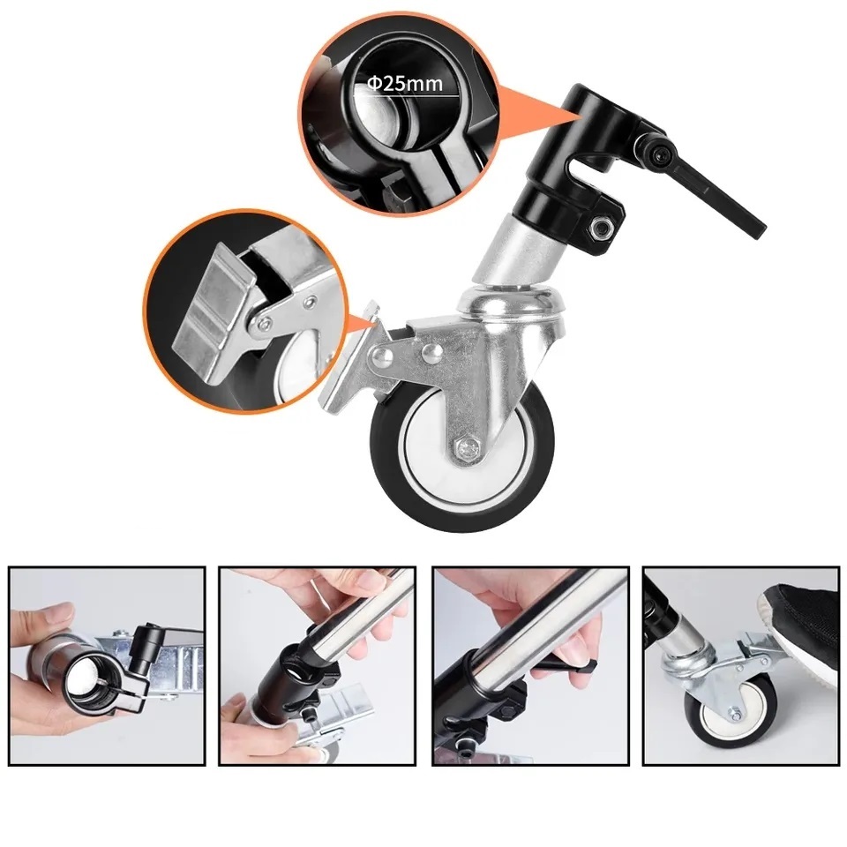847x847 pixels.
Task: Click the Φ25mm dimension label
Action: [x=405, y=83]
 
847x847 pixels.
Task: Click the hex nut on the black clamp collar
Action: [x=602, y=228]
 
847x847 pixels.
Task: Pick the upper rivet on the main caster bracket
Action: [x=432, y=352]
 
